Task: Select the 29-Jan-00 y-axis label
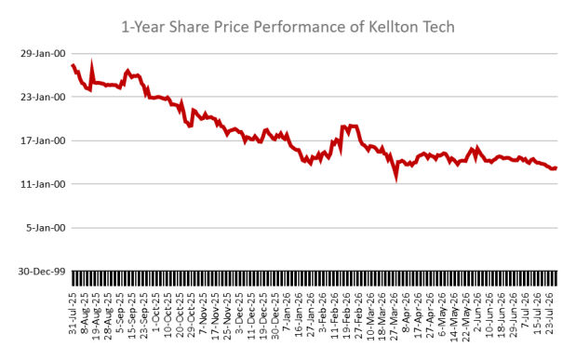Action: tap(43, 54)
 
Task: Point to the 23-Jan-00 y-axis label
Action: tap(43, 97)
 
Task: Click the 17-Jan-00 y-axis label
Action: tap(43, 140)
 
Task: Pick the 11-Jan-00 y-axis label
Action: tap(43, 184)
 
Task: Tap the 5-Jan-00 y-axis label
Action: tap(46, 228)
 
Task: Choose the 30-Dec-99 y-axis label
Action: tap(42, 272)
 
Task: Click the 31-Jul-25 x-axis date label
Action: tap(73, 313)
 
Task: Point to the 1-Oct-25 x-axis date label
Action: tap(156, 313)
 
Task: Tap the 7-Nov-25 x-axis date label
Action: tap(204, 313)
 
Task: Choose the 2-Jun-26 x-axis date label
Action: tap(478, 313)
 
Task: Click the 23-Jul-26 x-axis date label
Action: tap(550, 313)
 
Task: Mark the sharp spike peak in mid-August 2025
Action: tap(91, 61)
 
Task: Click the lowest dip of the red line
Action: tap(396, 180)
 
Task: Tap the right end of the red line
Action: tap(556, 167)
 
